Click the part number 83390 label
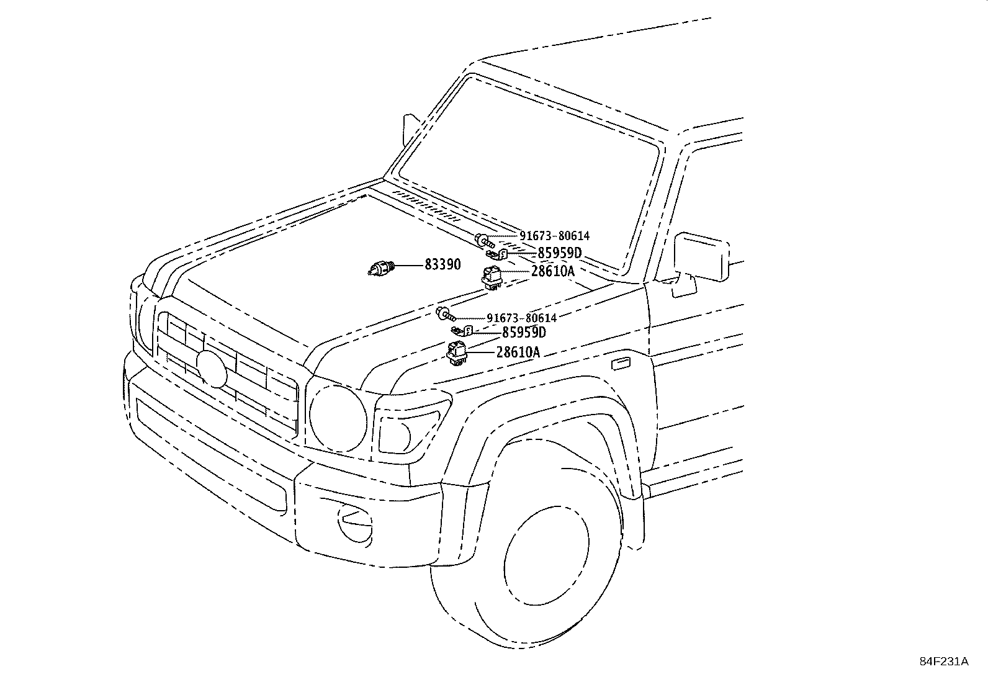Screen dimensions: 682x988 442,265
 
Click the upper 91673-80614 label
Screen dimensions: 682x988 554,236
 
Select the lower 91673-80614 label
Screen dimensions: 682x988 521,318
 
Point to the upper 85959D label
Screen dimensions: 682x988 559,253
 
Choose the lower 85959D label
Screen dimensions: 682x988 524,333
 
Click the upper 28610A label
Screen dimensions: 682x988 552,271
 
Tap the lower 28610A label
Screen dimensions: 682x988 518,352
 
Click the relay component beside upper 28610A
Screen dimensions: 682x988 492,276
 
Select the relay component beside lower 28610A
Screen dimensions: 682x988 457,352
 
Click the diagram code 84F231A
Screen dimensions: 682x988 944,661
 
